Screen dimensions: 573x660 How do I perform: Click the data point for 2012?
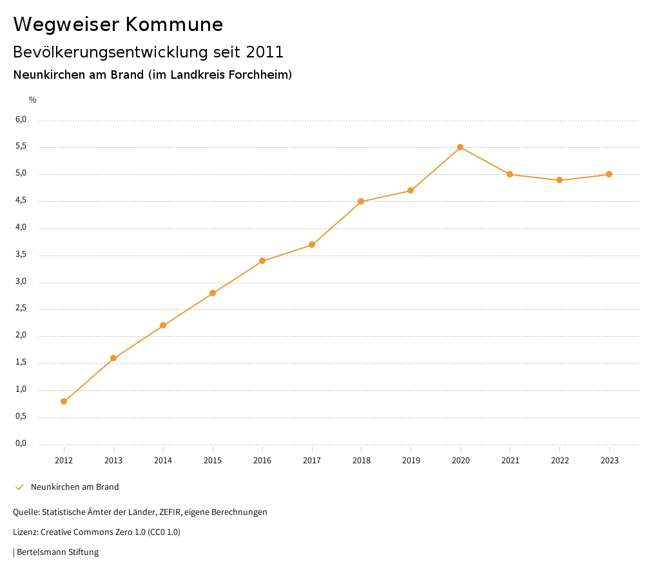click(x=64, y=401)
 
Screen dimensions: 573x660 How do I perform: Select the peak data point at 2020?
click(x=460, y=147)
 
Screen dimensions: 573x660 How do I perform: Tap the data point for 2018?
click(x=361, y=201)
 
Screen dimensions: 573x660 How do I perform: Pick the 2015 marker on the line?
click(x=213, y=293)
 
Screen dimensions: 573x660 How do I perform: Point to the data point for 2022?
click(x=559, y=180)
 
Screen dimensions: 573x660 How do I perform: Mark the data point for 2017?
click(x=312, y=245)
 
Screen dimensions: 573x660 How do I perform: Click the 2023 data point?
click(x=609, y=174)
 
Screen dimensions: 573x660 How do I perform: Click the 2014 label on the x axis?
click(x=163, y=460)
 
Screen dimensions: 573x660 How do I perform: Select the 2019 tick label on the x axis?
click(x=411, y=460)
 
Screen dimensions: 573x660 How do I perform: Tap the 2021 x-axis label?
click(x=510, y=460)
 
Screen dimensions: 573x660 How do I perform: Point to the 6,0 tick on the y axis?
click(x=21, y=119)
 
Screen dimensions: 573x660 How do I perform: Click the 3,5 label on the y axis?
click(x=21, y=254)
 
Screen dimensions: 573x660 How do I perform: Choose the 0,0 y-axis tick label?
click(x=21, y=443)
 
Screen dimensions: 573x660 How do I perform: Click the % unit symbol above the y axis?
click(x=33, y=99)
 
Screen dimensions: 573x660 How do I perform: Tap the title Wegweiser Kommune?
click(x=118, y=25)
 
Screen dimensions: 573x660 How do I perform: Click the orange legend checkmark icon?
click(x=19, y=487)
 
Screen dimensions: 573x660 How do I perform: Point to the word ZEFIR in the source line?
click(x=169, y=512)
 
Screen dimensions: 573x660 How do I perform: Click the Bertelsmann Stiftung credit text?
click(x=57, y=552)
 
